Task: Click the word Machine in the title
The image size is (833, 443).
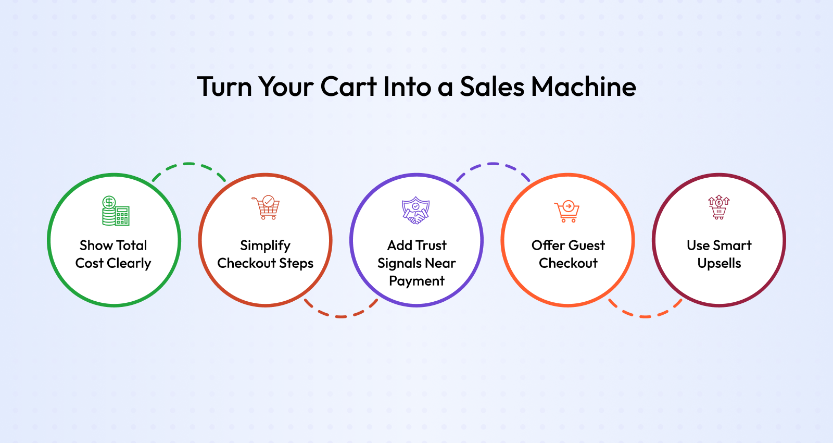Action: tap(584, 87)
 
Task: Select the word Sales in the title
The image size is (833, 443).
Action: tap(492, 87)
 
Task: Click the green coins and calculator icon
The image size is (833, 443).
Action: tap(116, 211)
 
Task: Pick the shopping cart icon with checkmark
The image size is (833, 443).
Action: tap(266, 207)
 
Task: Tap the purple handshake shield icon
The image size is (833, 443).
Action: tap(416, 211)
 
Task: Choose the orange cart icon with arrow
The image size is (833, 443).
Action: tap(567, 212)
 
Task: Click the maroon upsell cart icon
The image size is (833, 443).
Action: tap(719, 207)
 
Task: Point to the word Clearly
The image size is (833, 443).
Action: tap(129, 264)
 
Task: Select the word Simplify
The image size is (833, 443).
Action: tap(265, 246)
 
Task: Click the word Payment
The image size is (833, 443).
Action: tap(416, 281)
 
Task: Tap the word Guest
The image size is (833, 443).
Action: tap(586, 245)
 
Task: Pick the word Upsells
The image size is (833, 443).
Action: tap(719, 264)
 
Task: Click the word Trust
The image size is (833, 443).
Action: tap(432, 245)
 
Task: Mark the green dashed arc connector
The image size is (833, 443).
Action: tap(189, 164)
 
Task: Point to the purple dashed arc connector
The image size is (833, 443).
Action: tap(493, 164)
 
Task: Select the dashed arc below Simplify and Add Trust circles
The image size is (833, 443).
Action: tap(340, 316)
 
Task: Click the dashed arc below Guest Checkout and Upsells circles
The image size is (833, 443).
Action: tap(645, 316)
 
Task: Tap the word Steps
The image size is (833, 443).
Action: tap(296, 264)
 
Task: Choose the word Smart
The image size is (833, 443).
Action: tap(732, 245)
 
